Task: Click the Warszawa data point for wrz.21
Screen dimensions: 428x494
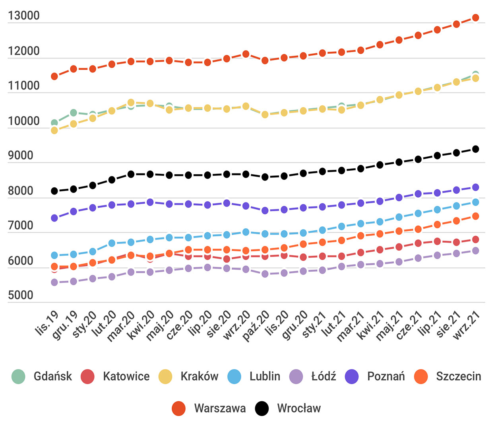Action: (x=475, y=18)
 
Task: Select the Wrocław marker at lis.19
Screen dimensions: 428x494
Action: (x=54, y=191)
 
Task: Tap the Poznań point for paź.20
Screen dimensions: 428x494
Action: (x=265, y=210)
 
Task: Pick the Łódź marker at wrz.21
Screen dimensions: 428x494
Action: (x=475, y=251)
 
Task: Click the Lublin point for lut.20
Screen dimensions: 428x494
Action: (x=112, y=243)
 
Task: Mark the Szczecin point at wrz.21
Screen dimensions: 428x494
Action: (x=475, y=216)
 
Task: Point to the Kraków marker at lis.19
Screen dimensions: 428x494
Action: (x=54, y=130)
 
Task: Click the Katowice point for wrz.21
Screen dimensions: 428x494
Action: (x=475, y=239)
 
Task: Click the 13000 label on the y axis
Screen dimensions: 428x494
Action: (x=24, y=16)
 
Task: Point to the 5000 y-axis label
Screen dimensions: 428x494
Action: (x=21, y=295)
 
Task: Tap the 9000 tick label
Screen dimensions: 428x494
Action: (x=21, y=156)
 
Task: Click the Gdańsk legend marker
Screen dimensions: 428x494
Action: (x=18, y=376)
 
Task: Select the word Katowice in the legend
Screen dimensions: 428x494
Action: (x=126, y=376)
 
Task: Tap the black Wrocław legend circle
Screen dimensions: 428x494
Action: (x=262, y=409)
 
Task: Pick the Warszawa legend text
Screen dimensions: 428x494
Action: (x=220, y=409)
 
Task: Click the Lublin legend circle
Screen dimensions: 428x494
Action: (x=234, y=376)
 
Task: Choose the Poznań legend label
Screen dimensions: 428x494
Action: (x=386, y=376)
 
